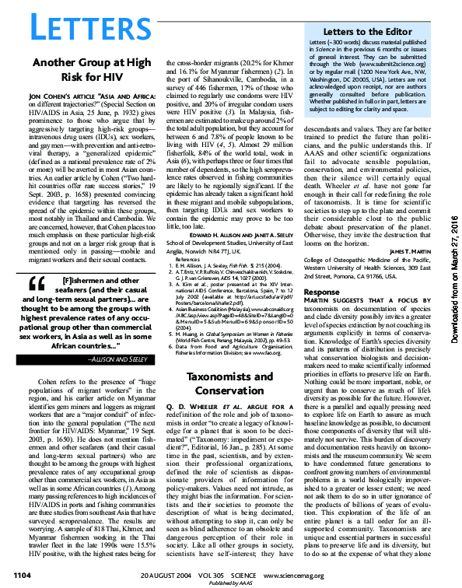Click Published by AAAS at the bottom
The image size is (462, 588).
[x=231, y=583]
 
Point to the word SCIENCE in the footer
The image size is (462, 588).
[x=268, y=574]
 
